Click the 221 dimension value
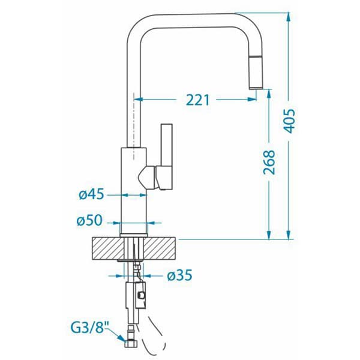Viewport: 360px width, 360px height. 198,100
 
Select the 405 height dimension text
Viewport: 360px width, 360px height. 289,121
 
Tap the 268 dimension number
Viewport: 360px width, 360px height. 269,162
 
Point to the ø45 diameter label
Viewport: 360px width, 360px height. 91,194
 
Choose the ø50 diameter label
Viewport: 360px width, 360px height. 89,220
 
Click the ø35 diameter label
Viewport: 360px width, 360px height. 179,275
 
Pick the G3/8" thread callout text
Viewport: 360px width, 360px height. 90,328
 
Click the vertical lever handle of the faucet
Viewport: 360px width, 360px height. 167,145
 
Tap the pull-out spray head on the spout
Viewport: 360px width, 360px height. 256,73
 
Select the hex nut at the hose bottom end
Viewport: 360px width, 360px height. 131,344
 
